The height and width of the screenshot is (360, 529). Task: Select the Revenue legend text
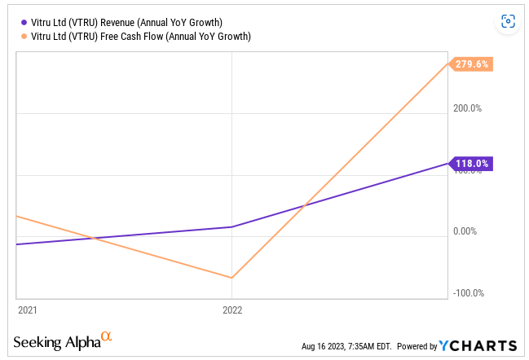tap(126, 23)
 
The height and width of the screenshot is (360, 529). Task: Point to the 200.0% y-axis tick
tap(467, 108)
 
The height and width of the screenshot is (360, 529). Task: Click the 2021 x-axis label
tap(27, 310)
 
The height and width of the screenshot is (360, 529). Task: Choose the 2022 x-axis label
tap(233, 310)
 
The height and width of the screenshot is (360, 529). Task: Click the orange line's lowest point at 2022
tap(233, 278)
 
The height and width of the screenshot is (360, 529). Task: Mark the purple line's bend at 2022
tap(233, 226)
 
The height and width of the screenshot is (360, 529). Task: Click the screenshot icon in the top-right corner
tap(508, 22)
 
